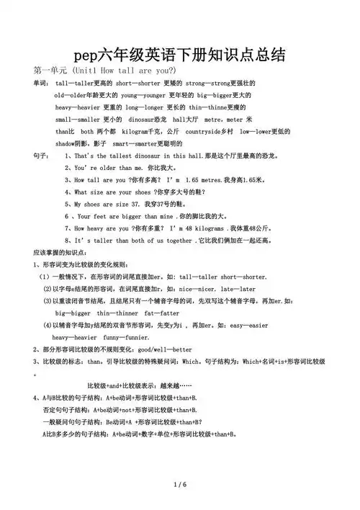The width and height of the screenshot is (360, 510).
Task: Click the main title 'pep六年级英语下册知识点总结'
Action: coord(179,55)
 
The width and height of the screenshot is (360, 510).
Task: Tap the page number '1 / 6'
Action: coord(180,484)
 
